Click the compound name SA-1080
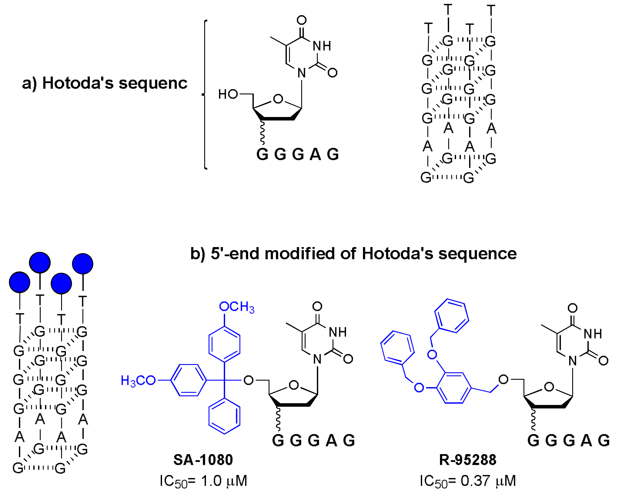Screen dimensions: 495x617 pos(203,460)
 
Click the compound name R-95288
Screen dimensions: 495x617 pos(468,460)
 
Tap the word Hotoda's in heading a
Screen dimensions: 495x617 pos(78,84)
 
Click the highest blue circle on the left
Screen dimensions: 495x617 pos(40,262)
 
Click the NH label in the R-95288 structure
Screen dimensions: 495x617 pos(593,334)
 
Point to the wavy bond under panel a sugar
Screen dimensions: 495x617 pos(262,133)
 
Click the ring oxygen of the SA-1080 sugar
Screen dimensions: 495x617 pos(294,385)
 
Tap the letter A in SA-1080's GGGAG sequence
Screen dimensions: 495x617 pos(331,441)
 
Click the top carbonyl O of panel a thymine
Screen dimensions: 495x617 pos(302,20)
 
